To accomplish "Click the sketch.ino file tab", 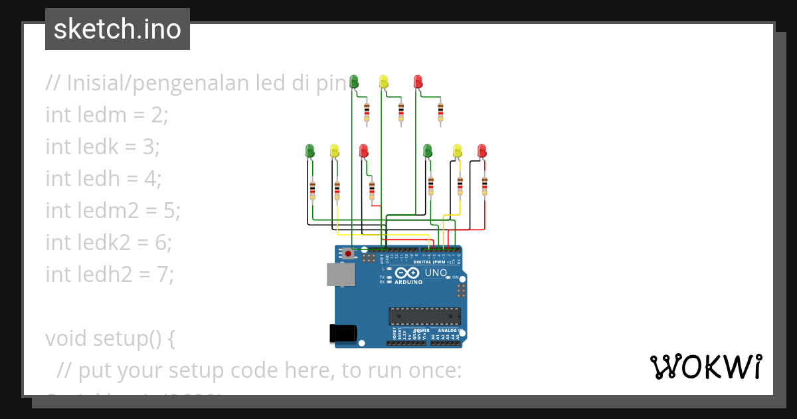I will [118, 29].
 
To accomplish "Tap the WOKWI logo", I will [705, 367].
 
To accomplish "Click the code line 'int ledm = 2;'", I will [107, 115].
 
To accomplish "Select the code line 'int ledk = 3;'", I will [103, 146].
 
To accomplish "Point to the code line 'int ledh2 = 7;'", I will [110, 273].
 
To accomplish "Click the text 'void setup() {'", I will [110, 338].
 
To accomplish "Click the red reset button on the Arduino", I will [348, 254].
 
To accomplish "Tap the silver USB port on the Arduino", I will [341, 274].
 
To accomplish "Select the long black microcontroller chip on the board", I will [424, 317].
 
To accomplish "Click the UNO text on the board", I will [436, 273].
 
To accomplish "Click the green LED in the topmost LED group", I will [354, 81].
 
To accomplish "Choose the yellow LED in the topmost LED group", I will [383, 81].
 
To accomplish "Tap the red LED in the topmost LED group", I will [418, 81].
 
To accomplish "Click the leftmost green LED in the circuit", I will [310, 150].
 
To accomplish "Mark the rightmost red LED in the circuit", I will [482, 150].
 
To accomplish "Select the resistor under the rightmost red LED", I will [485, 185].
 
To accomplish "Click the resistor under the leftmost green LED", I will [313, 190].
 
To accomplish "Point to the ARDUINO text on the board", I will [408, 282].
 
